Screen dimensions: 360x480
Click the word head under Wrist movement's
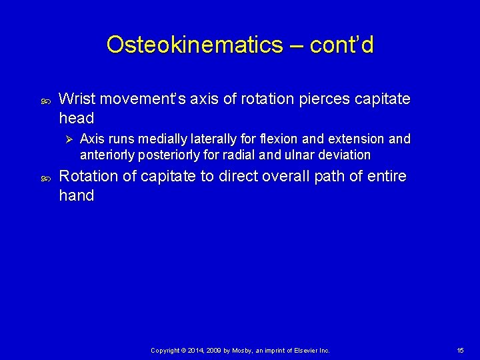point(76,118)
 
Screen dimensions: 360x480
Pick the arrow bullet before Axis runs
point(65,139)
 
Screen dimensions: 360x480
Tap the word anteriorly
point(105,155)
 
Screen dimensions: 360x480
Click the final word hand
point(76,195)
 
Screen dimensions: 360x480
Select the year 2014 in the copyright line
point(197,350)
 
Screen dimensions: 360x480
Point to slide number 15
point(460,350)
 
